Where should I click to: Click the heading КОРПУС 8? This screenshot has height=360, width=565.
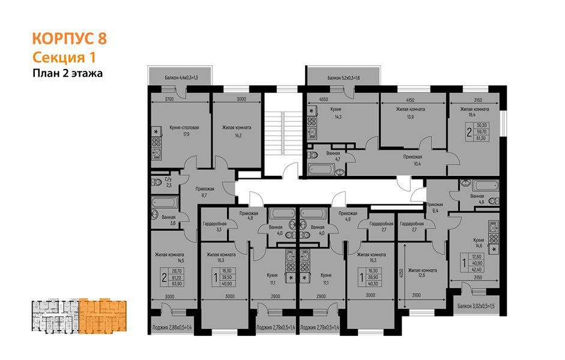[x=69, y=40]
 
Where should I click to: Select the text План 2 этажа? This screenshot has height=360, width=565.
[x=67, y=74]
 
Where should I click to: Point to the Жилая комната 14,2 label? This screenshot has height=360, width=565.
[x=236, y=131]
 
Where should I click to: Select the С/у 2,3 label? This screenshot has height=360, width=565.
[x=168, y=182]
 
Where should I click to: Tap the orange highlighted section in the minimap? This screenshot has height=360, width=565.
[x=101, y=315]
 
